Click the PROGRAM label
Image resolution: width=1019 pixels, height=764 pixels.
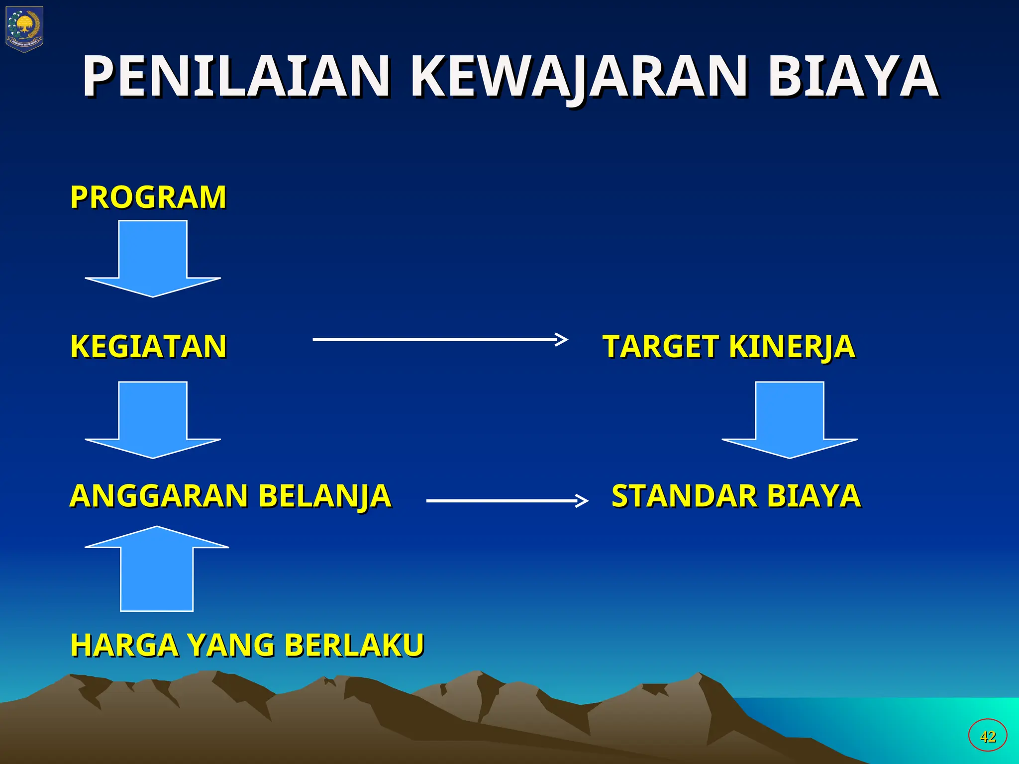148,197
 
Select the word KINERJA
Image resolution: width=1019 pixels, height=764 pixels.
792,347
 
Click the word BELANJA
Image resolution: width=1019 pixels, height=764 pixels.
325,496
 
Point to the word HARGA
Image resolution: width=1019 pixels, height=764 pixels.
124,645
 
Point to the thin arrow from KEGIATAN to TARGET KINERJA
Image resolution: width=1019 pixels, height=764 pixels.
440,339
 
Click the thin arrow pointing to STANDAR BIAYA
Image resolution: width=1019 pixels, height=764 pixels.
507,500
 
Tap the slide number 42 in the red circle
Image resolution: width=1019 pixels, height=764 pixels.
988,736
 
